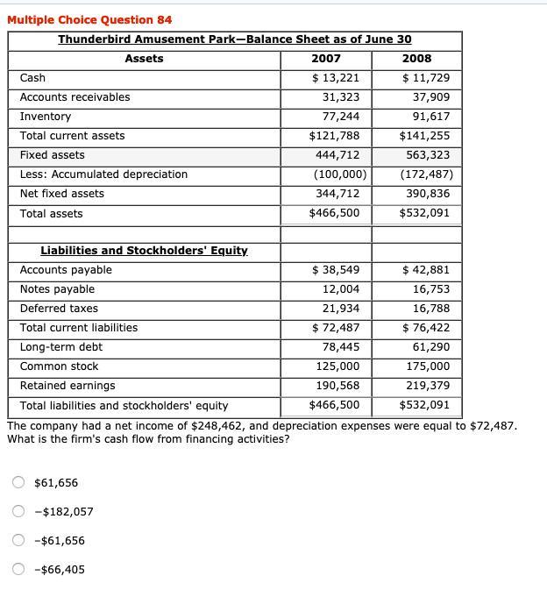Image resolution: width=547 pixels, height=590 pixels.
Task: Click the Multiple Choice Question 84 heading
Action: (89, 19)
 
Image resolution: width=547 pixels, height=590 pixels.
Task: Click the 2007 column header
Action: (326, 59)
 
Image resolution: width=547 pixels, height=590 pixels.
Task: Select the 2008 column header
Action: (416, 59)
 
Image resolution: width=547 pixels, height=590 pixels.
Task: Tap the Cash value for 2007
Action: (336, 78)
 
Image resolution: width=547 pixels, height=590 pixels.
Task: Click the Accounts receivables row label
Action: (75, 97)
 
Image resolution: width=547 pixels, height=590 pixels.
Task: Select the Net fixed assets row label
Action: (61, 194)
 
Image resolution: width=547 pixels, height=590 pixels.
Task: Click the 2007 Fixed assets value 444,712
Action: (337, 155)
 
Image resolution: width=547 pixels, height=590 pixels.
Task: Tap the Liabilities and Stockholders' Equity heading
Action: (144, 251)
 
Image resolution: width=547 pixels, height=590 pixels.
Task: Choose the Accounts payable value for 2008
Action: (426, 270)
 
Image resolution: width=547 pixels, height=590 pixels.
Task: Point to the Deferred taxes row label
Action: (59, 309)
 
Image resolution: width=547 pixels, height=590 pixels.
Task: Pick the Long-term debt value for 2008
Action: (430, 347)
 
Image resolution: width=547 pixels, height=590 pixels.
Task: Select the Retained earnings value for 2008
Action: (428, 386)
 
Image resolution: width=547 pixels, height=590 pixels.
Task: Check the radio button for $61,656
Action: (18, 482)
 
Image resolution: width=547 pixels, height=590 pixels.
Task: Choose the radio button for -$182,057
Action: (18, 512)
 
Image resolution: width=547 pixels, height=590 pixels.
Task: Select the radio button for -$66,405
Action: (18, 570)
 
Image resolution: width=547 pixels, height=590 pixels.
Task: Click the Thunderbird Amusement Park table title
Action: (234, 39)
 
